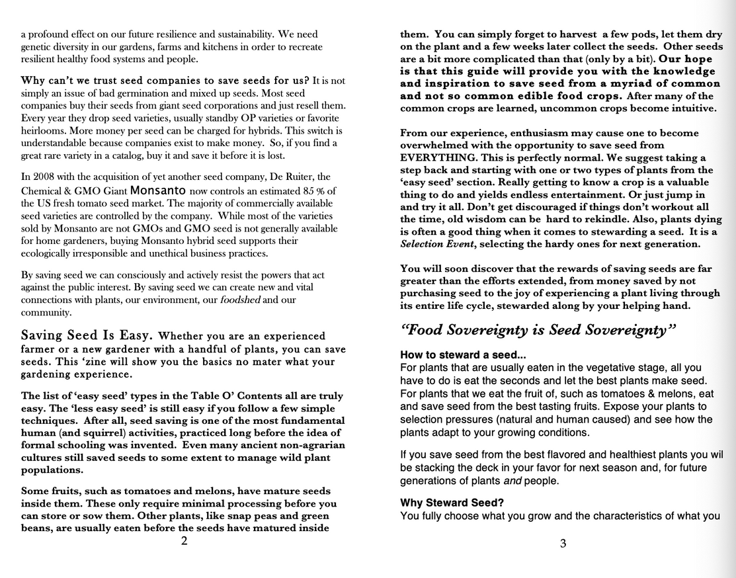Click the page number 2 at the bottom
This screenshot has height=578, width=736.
click(184, 541)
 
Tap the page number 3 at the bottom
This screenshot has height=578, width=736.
click(563, 544)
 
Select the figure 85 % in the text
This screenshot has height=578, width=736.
click(314, 190)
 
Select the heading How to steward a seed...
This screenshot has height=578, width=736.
click(463, 355)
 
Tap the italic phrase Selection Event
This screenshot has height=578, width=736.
click(436, 244)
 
